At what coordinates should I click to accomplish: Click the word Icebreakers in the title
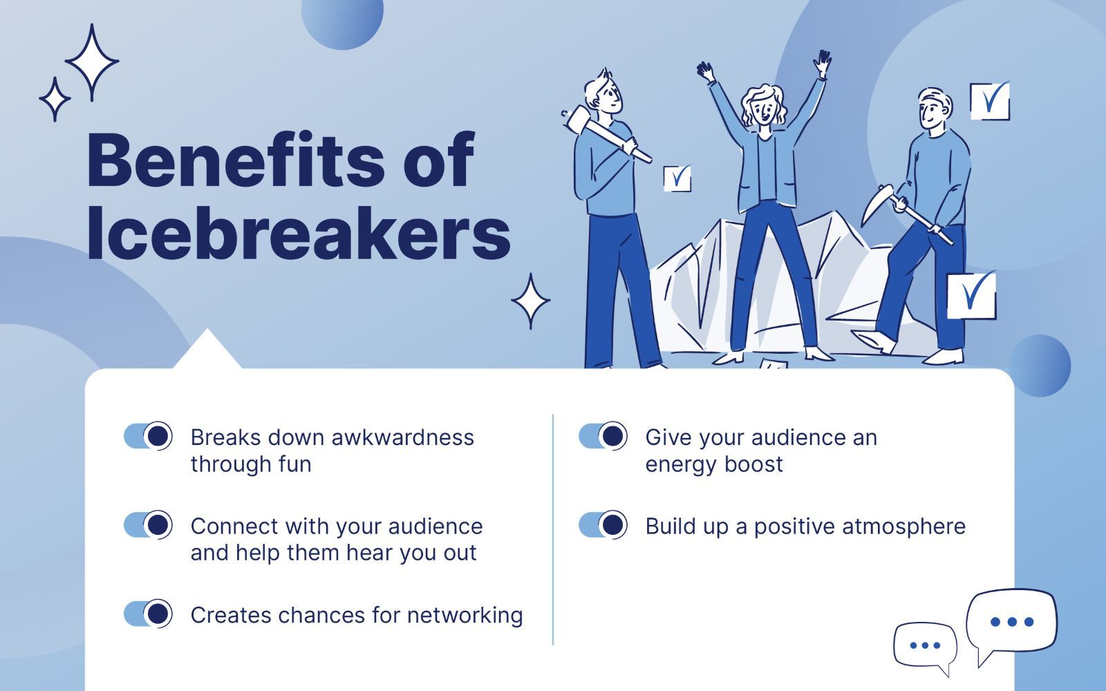pos(299,233)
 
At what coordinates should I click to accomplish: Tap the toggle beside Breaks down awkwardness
pos(148,436)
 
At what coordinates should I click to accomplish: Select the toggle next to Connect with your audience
pos(148,524)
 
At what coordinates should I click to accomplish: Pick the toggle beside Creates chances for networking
pos(148,614)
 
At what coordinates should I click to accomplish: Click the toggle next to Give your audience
pos(603,436)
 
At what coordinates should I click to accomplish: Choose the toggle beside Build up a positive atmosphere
pos(603,524)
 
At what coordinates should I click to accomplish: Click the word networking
pos(465,616)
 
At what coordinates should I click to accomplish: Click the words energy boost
pos(714,464)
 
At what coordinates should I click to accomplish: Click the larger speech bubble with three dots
pos(1011,625)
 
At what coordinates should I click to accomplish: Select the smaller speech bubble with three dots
pos(925,647)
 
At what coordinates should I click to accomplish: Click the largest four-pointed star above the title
pos(92,62)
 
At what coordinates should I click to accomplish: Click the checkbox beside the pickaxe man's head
pos(990,101)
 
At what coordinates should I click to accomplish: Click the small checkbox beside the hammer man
pos(677,178)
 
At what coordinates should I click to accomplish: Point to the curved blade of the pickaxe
pos(873,203)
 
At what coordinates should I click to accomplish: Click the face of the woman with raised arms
pos(763,110)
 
